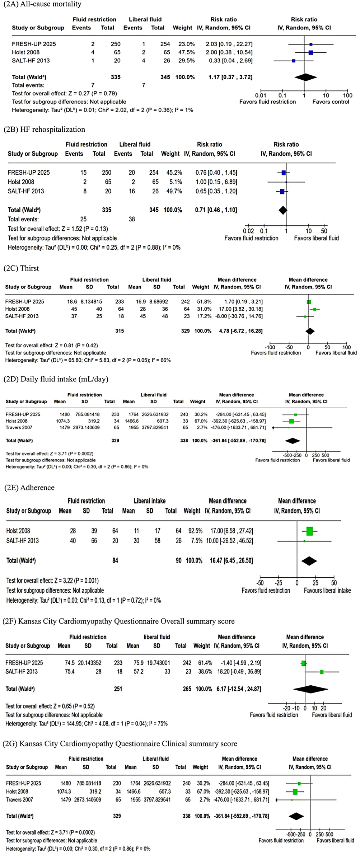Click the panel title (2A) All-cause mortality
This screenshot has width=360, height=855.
[42, 4]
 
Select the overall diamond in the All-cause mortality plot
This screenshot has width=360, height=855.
[305, 77]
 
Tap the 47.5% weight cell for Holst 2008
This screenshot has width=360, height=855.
[186, 52]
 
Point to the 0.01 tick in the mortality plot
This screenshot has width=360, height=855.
[261, 95]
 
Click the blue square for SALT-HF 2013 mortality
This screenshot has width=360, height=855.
[294, 61]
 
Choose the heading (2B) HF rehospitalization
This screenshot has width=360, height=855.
[44, 130]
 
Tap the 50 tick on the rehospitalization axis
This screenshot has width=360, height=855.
[324, 231]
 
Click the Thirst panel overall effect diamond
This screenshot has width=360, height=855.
[310, 331]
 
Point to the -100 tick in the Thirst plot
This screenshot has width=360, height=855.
[270, 347]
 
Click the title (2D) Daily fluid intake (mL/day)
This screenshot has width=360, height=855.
[56, 379]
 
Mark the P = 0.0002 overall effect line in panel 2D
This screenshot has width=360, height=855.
[50, 454]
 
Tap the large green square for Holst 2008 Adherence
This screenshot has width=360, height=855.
[309, 531]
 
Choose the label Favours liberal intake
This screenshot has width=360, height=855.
[327, 591]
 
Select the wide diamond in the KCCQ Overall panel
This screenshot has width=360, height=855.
[310, 689]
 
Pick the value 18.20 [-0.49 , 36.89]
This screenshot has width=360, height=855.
[237, 671]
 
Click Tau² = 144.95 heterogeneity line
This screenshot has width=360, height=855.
[87, 723]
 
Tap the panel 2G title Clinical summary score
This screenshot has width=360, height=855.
[120, 743]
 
